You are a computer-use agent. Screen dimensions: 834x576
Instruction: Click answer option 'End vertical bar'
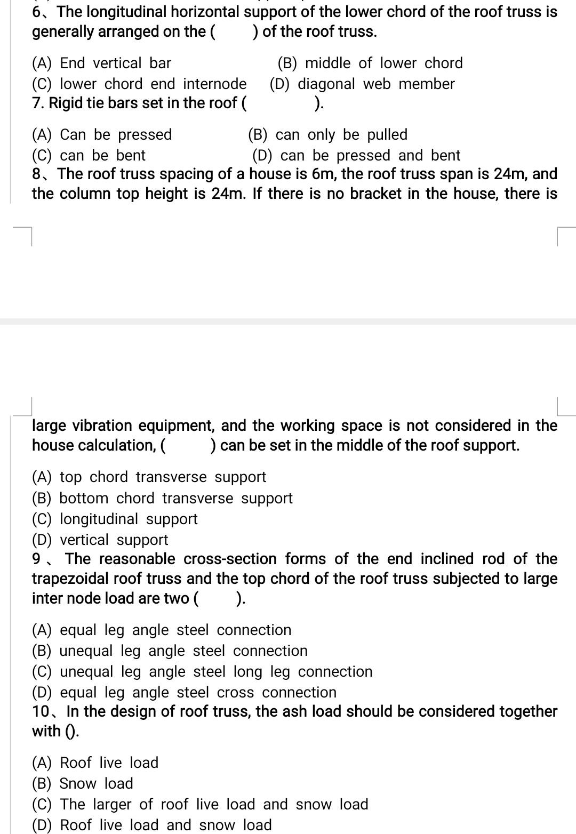coord(101,63)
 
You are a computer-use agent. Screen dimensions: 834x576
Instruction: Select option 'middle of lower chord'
coord(370,63)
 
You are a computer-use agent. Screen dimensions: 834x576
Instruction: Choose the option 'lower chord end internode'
coord(139,84)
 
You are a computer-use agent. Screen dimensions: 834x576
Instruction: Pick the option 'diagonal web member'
coord(362,84)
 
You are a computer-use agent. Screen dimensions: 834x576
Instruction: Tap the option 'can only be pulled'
coord(327,135)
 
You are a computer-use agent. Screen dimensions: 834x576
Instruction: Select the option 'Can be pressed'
coord(102,135)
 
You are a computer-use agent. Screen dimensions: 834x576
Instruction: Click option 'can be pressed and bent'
coord(356,156)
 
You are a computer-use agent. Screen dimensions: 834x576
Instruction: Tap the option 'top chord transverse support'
coord(149,477)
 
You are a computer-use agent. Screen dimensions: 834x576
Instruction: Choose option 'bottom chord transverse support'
coord(162,499)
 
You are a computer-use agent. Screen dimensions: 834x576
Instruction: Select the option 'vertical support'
coord(100,540)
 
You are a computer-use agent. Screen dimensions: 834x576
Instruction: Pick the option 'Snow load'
coord(83,784)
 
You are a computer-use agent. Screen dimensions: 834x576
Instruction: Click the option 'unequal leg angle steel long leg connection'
coord(202,672)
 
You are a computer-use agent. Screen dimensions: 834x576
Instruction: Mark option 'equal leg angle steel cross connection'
coord(184,693)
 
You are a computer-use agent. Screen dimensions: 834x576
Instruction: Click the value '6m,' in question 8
coord(324,174)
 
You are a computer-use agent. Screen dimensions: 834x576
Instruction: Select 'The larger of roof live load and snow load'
coord(200,805)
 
